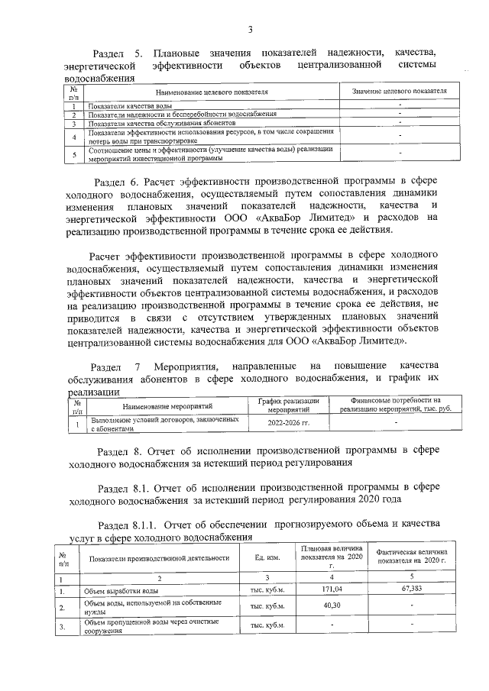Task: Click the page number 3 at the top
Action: [249, 30]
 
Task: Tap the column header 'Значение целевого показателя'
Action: [399, 92]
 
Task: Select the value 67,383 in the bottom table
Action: [411, 589]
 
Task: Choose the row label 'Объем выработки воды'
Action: [121, 590]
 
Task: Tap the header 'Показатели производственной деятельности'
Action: [159, 558]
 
